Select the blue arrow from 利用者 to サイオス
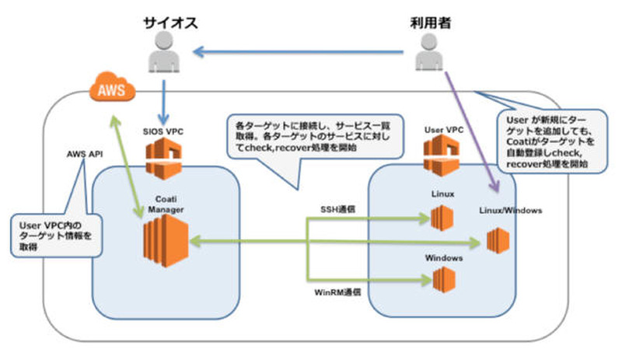pos(303,53)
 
